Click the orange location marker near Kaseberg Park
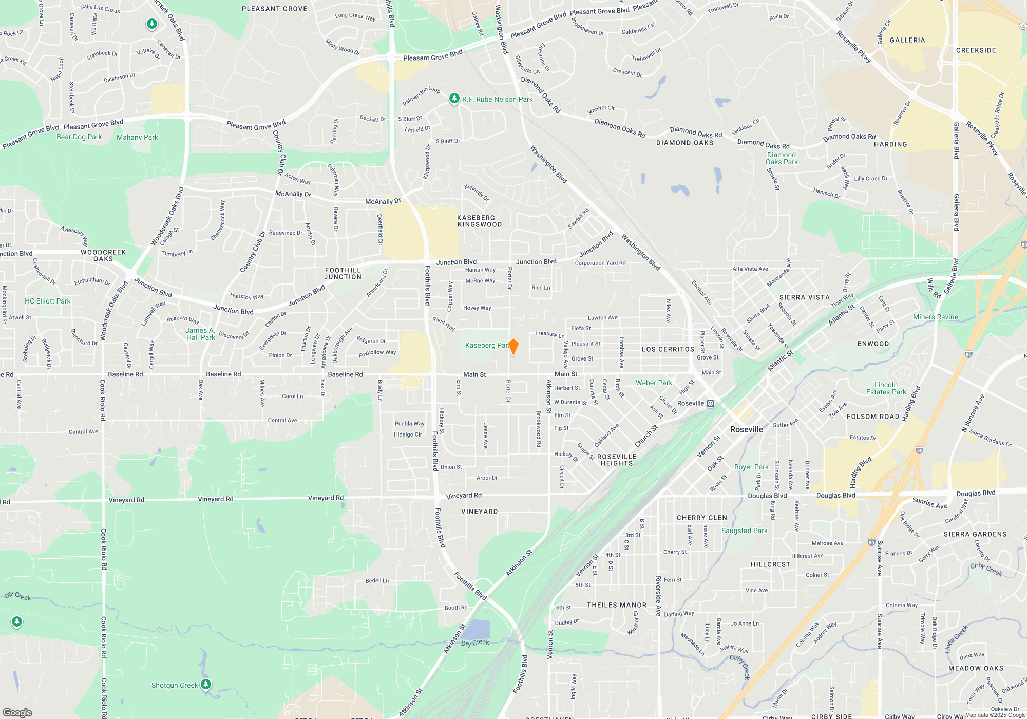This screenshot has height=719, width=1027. click(x=513, y=347)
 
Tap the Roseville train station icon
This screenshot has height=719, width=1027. click(x=710, y=404)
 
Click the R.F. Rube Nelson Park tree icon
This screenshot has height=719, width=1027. click(x=454, y=99)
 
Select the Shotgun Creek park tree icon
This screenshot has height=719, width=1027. click(x=206, y=684)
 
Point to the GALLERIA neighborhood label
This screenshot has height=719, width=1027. click(x=907, y=40)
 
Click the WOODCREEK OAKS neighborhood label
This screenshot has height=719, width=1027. click(x=103, y=255)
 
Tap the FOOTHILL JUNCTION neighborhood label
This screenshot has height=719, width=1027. click(x=343, y=273)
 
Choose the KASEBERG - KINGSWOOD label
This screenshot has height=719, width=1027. click(x=480, y=221)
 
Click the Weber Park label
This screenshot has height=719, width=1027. click(x=654, y=383)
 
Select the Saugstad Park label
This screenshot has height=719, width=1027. click(x=744, y=531)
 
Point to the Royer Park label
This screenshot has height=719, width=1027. click(x=751, y=467)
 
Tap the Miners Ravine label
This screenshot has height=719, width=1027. click(x=935, y=317)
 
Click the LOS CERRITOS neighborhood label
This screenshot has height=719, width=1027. click(x=668, y=349)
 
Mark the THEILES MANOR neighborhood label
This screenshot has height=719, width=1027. click(x=617, y=605)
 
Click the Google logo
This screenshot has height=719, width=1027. click(x=17, y=712)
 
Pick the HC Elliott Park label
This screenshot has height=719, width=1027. click(x=48, y=301)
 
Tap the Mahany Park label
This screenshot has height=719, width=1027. click(x=137, y=137)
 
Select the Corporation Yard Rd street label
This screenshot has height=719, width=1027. click(x=600, y=263)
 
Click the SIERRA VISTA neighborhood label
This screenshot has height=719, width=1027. click(x=804, y=297)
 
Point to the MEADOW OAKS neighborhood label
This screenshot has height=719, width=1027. click(x=976, y=668)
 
